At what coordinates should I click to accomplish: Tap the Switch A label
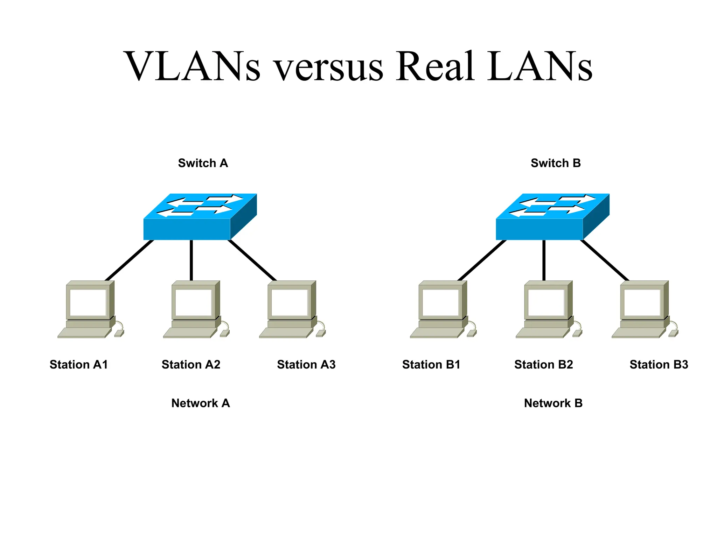203,163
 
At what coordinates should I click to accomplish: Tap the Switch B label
556,163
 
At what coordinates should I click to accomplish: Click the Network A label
201,403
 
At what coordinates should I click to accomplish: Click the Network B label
553,403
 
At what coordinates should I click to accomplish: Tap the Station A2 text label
191,365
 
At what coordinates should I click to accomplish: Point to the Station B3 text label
659,365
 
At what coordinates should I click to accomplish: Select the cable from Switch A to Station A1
130,260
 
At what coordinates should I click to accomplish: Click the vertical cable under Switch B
544,260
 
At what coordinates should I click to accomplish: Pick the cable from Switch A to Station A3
252,260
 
